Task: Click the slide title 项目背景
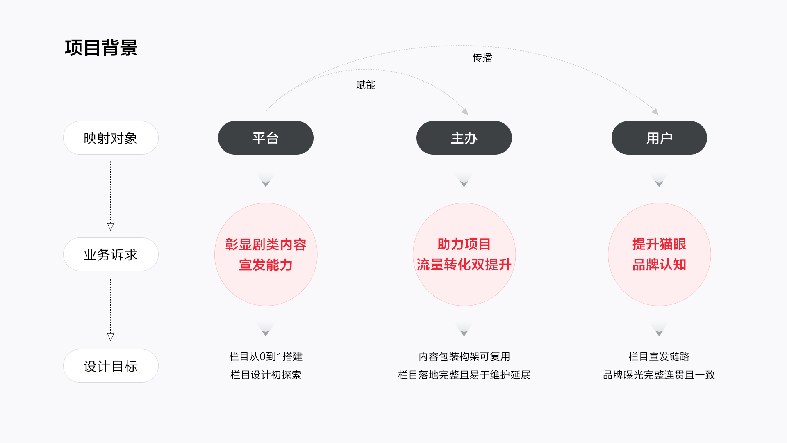pyautogui.click(x=101, y=48)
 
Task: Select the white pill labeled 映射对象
pyautogui.click(x=111, y=138)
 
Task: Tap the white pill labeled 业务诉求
pyautogui.click(x=111, y=254)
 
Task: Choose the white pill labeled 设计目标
pyautogui.click(x=111, y=366)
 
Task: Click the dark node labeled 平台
pyautogui.click(x=266, y=138)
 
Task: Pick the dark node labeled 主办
pyautogui.click(x=464, y=138)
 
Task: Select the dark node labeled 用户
pyautogui.click(x=659, y=138)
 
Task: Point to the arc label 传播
pyautogui.click(x=482, y=57)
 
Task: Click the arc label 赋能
pyautogui.click(x=366, y=85)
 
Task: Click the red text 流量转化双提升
pyautogui.click(x=464, y=265)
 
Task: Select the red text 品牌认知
pyautogui.click(x=659, y=265)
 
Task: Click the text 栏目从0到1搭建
pyautogui.click(x=266, y=356)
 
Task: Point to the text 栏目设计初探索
pyautogui.click(x=266, y=375)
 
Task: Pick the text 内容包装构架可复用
pyautogui.click(x=464, y=356)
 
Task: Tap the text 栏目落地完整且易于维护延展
pyautogui.click(x=464, y=375)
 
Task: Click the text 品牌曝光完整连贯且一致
pyautogui.click(x=659, y=375)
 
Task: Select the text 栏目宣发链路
pyautogui.click(x=659, y=356)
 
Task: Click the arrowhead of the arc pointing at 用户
pyautogui.click(x=655, y=112)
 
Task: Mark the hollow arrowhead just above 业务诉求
pyautogui.click(x=111, y=226)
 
